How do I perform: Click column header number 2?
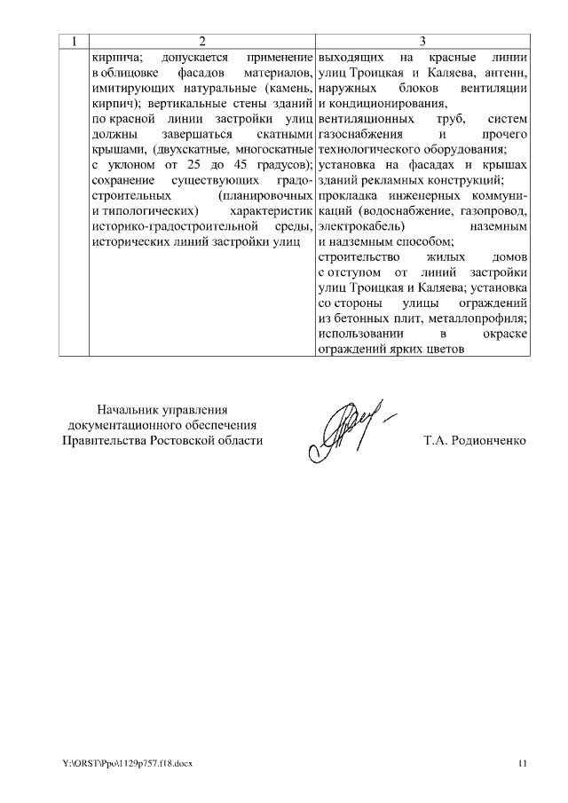click(202, 41)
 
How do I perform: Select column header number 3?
click(422, 41)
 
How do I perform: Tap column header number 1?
click(74, 41)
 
